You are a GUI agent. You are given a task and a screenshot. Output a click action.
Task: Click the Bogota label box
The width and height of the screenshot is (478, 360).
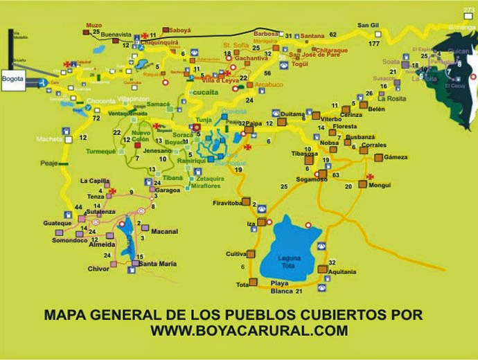(13, 79)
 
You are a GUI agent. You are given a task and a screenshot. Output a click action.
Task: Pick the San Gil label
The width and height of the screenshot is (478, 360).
(369, 26)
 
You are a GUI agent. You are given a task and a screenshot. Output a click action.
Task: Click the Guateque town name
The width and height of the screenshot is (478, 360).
(56, 223)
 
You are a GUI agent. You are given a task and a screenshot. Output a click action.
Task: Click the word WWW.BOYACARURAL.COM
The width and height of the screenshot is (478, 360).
(249, 331)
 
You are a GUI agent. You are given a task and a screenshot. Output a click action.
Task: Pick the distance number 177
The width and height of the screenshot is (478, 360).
(374, 44)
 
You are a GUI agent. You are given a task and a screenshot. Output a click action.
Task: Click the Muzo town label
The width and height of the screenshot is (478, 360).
(94, 26)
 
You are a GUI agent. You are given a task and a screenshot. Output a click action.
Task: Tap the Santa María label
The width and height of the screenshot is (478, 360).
(158, 264)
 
